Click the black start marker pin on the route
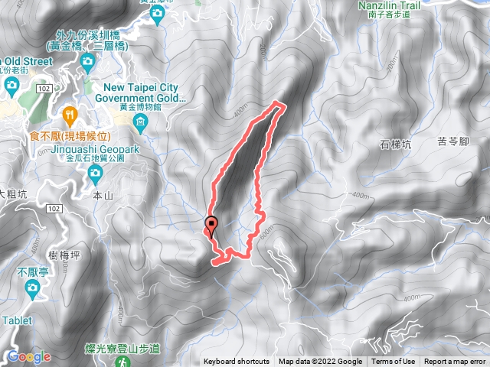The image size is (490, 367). point(211,225)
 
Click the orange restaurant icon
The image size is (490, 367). point(70,115)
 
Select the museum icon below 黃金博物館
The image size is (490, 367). point(140,122)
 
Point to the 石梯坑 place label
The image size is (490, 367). point(396,145)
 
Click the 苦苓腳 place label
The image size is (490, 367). point(452,141)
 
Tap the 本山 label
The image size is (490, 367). point(102,196)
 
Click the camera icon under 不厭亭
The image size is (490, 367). point(32,287)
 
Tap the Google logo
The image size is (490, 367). point(29,356)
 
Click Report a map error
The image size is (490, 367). point(455,362)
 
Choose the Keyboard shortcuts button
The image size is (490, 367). point(237,362)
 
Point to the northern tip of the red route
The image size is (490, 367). point(279,103)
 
